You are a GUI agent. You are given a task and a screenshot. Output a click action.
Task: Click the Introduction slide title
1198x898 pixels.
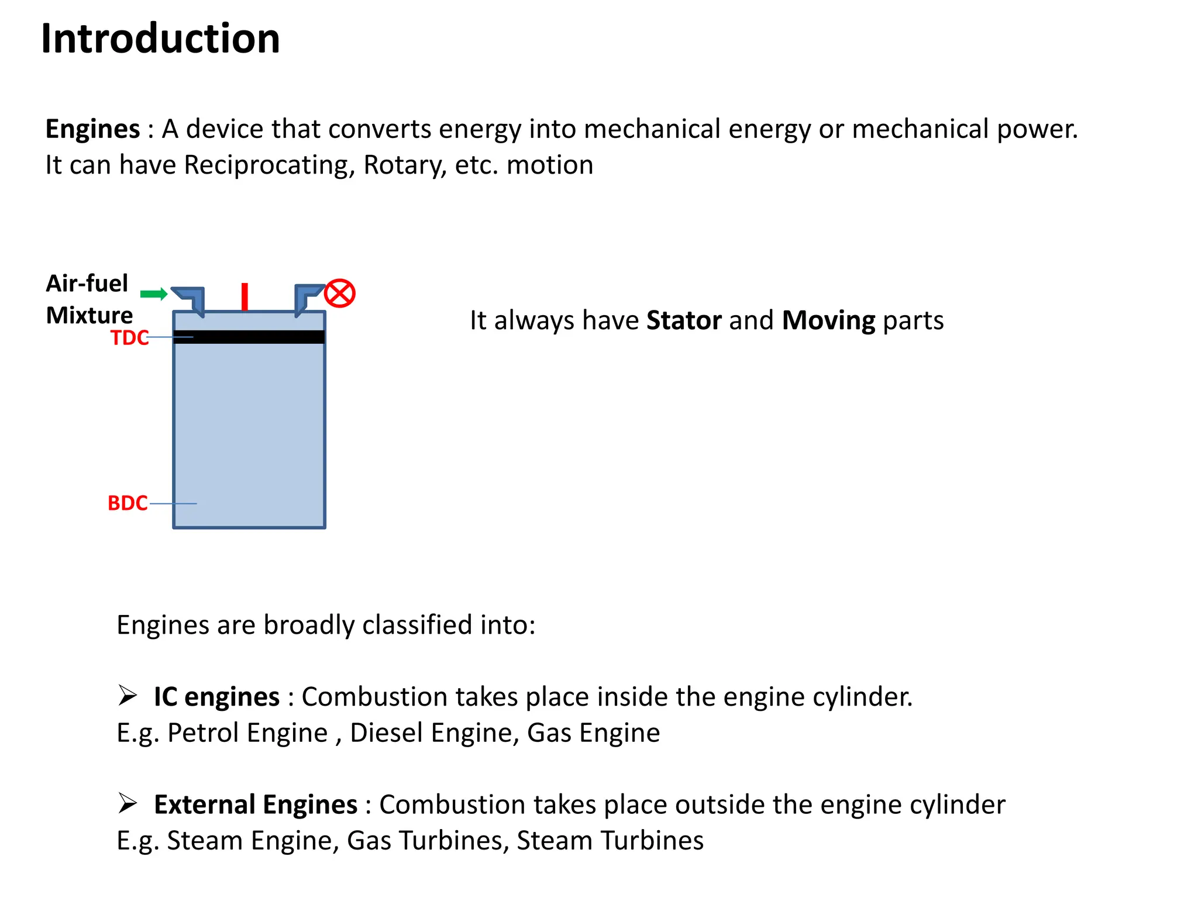tap(160, 39)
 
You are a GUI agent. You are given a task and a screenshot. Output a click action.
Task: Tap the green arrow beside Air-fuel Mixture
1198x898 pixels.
tap(154, 293)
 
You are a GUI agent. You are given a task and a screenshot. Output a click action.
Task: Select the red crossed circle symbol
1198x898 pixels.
tap(340, 293)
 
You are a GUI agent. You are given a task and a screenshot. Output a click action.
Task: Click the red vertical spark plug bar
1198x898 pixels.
tap(245, 296)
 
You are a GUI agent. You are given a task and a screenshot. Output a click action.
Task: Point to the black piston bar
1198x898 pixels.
tap(249, 337)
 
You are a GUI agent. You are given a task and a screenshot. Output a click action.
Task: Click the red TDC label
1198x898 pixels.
tap(129, 338)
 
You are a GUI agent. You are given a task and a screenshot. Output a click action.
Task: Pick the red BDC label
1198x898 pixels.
tap(128, 503)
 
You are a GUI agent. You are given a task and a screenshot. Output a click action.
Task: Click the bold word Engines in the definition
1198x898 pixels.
tap(92, 129)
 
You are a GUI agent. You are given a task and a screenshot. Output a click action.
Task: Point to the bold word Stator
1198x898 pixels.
tap(684, 320)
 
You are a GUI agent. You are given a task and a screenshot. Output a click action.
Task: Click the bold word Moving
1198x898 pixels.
tap(828, 320)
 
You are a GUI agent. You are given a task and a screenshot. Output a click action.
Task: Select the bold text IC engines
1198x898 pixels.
tap(216, 697)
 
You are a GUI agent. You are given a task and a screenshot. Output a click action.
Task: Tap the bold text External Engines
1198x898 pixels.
tap(256, 804)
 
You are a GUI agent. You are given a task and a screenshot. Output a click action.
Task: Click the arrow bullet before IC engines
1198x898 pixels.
tap(128, 695)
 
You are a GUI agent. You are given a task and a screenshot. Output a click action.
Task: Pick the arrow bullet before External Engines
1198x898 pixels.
tap(128, 803)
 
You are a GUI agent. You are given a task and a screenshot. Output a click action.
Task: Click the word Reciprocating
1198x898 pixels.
tap(269, 165)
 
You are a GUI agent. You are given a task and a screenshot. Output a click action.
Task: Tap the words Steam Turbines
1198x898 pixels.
tap(610, 840)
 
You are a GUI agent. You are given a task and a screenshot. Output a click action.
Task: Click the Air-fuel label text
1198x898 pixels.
tap(87, 284)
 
